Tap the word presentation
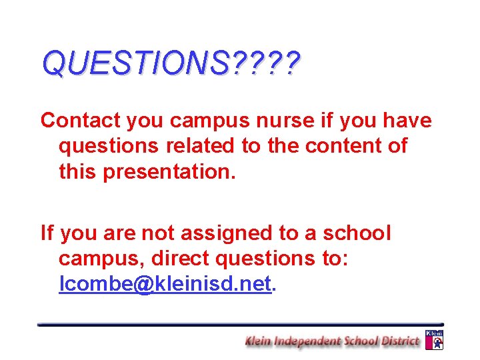point(167,171)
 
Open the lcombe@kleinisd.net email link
point(165,285)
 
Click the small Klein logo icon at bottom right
point(434,339)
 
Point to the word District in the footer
point(399,341)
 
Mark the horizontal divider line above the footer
point(240,324)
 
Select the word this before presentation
point(79,171)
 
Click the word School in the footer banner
point(360,341)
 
